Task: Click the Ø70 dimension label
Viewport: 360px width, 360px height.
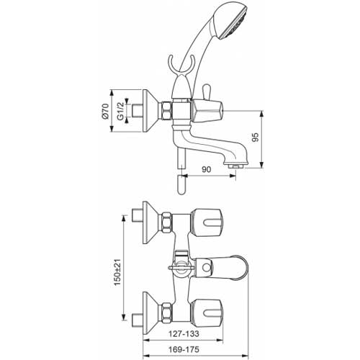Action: [x=106, y=111]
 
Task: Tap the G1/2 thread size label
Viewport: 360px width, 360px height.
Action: [x=120, y=111]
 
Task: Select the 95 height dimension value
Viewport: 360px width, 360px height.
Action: [x=256, y=137]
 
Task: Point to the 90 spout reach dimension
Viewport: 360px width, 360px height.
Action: [x=206, y=169]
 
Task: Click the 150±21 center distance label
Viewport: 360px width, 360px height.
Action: [x=117, y=272]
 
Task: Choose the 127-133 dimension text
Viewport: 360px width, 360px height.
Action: [x=184, y=333]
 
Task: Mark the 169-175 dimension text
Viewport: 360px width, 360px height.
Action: [x=184, y=349]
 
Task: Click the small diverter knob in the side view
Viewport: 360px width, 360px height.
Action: [x=207, y=91]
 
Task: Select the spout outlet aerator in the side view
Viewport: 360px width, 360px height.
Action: [x=235, y=166]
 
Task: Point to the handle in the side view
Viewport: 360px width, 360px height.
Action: [x=207, y=111]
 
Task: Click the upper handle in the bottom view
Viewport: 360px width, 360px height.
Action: [x=207, y=222]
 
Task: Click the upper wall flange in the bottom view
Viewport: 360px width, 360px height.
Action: [x=150, y=222]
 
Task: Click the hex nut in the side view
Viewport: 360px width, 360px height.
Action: [x=167, y=111]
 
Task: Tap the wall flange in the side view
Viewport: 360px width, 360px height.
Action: [x=150, y=111]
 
